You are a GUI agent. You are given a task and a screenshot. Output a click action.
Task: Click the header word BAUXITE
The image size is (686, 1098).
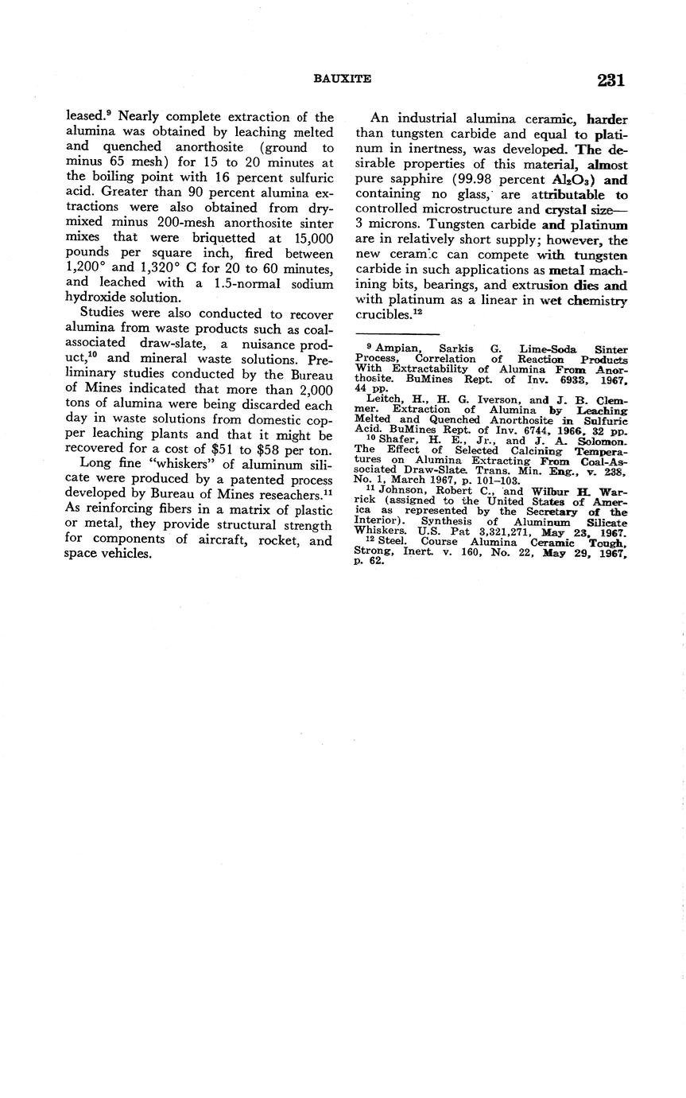pos(343,79)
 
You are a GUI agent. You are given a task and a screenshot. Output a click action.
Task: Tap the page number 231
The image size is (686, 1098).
pos(609,80)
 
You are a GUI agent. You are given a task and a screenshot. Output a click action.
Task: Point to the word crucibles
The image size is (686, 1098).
pos(382,314)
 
